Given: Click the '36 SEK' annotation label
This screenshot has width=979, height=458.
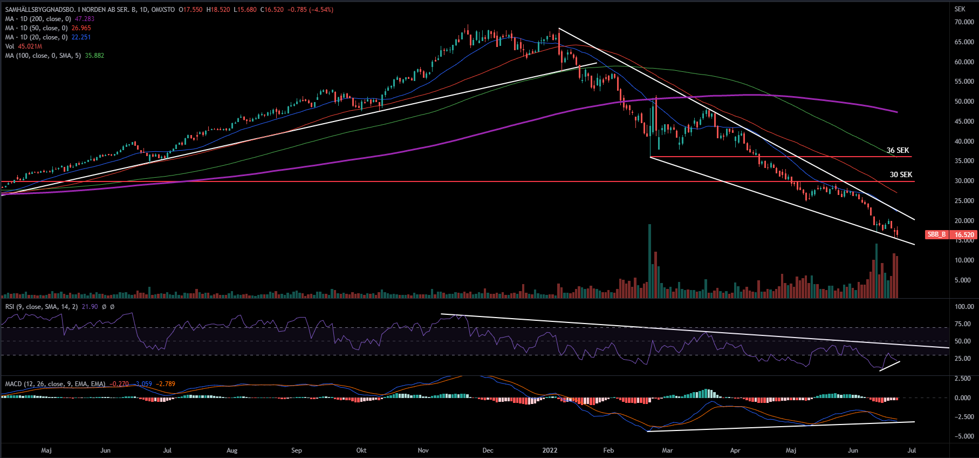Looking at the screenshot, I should [x=898, y=151].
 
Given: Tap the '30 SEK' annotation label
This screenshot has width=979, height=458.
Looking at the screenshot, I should [x=901, y=174].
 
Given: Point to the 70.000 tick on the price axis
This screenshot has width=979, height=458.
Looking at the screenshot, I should [x=964, y=22].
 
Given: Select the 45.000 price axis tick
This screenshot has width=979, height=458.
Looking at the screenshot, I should [x=964, y=122].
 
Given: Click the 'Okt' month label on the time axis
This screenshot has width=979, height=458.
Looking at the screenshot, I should [x=361, y=450].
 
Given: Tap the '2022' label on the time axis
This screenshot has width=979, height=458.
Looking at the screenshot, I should [x=550, y=450].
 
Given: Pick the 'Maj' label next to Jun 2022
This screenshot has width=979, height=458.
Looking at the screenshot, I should [x=791, y=450].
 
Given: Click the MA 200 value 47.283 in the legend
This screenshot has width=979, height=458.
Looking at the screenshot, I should [x=85, y=19].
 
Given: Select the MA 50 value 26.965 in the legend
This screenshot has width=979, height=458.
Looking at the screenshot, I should [x=81, y=28].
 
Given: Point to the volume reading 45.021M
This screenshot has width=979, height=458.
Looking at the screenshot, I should [x=30, y=46].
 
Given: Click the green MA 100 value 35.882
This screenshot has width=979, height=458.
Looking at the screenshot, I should [x=94, y=56].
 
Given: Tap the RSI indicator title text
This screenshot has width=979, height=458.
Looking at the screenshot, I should [x=41, y=307].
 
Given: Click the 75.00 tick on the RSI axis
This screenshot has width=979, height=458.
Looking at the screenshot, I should [x=964, y=324].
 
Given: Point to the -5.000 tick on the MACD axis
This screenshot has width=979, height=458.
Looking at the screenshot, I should [x=964, y=436].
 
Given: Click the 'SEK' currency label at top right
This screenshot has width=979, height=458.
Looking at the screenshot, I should [x=960, y=9].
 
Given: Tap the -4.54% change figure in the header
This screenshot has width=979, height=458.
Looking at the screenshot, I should [x=321, y=10].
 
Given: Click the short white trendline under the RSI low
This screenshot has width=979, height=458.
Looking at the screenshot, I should [x=890, y=366].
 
